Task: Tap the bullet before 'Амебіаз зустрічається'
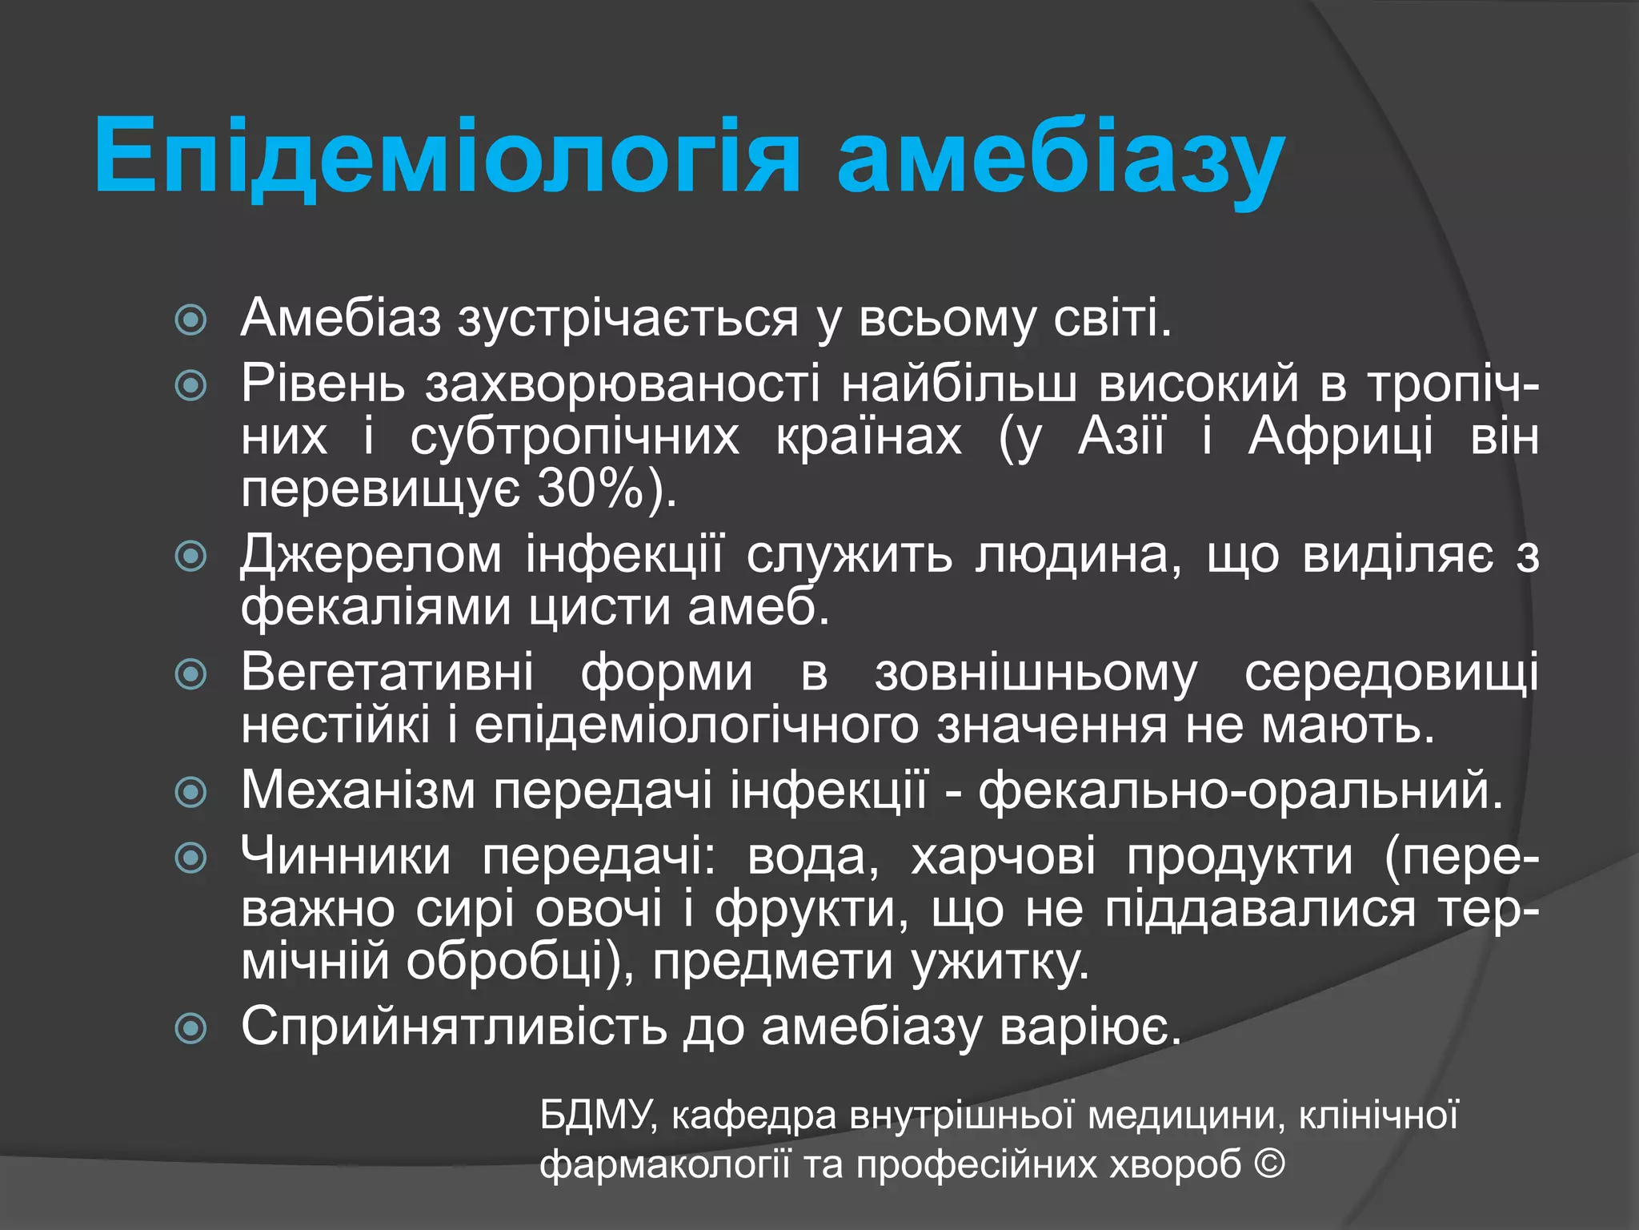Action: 191,320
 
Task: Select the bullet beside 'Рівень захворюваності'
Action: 191,386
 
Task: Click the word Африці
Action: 1340,437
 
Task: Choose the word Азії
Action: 1121,437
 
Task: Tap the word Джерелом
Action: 371,554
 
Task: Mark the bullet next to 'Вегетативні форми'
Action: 191,673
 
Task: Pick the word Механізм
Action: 358,790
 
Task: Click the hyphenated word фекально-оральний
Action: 1240,790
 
